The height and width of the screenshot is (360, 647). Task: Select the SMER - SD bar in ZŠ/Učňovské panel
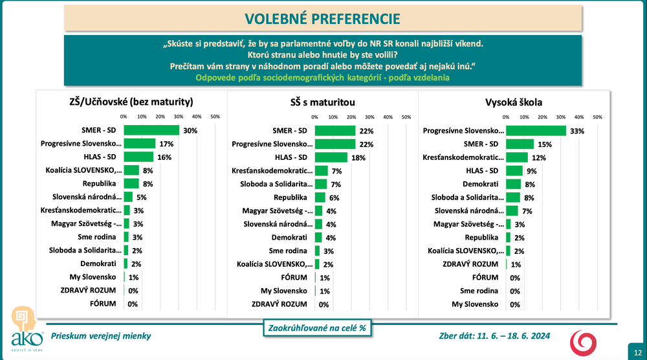click(x=151, y=130)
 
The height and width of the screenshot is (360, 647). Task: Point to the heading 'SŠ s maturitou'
click(x=323, y=102)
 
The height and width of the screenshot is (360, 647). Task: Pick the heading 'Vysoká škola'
click(x=514, y=102)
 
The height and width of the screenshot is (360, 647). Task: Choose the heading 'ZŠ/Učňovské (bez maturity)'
click(x=131, y=102)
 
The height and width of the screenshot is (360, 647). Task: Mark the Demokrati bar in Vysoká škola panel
click(x=513, y=184)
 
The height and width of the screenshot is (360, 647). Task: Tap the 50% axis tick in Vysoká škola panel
click(x=598, y=117)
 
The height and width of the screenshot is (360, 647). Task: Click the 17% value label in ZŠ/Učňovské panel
click(x=167, y=144)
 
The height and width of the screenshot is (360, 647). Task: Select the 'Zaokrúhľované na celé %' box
click(x=317, y=328)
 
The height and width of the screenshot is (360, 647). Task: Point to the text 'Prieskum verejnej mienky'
click(x=101, y=335)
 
